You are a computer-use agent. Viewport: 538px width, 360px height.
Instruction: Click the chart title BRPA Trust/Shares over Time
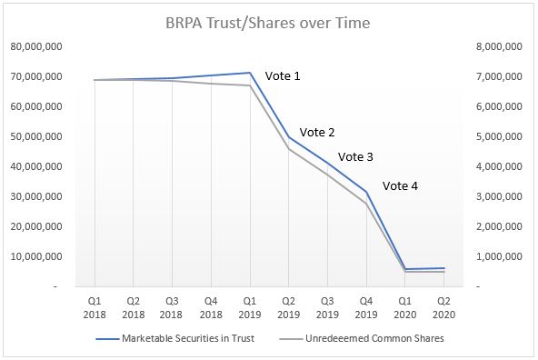pyautogui.click(x=268, y=23)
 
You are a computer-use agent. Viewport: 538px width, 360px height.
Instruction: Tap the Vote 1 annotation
pyautogui.click(x=282, y=76)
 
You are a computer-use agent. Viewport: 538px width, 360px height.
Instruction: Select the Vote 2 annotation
pyautogui.click(x=316, y=132)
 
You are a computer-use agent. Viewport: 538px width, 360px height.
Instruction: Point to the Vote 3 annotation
pyautogui.click(x=355, y=156)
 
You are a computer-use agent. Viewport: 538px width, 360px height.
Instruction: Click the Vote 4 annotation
pyautogui.click(x=401, y=186)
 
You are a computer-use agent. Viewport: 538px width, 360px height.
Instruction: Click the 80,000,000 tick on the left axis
pyautogui.click(x=37, y=46)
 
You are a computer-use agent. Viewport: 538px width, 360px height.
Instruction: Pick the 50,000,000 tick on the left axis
pyautogui.click(x=37, y=136)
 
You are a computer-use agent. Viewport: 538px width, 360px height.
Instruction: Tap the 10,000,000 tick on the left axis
pyautogui.click(x=37, y=256)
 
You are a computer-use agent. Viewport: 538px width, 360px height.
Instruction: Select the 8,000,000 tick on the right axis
pyautogui.click(x=500, y=46)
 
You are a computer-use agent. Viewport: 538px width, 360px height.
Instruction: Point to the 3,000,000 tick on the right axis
pyautogui.click(x=500, y=196)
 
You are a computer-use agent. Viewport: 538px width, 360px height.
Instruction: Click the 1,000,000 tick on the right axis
pyautogui.click(x=500, y=256)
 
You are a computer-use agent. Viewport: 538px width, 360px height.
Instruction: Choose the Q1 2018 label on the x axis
pyautogui.click(x=95, y=306)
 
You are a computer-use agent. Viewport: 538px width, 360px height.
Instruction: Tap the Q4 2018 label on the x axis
pyautogui.click(x=211, y=306)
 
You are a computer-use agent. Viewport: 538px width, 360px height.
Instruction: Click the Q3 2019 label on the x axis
pyautogui.click(x=327, y=306)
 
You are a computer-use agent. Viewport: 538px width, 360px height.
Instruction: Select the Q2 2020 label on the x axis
pyautogui.click(x=443, y=306)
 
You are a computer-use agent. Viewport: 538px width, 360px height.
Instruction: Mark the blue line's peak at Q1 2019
pyautogui.click(x=250, y=73)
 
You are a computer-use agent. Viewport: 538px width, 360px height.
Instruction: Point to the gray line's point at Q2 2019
pyautogui.click(x=289, y=148)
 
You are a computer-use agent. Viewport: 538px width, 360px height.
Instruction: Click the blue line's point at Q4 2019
pyautogui.click(x=366, y=191)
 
